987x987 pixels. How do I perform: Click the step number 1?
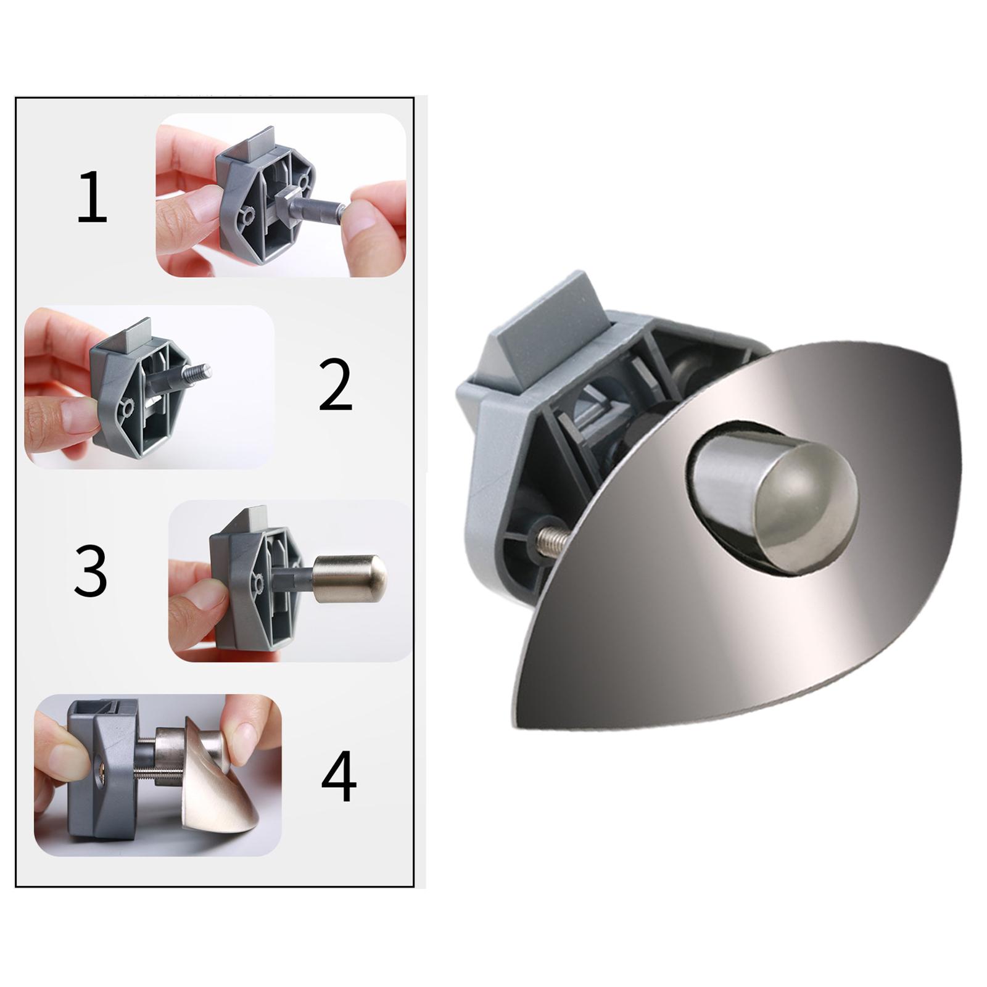tap(93, 198)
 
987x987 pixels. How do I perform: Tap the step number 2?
tap(335, 386)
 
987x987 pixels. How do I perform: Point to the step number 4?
tap(339, 776)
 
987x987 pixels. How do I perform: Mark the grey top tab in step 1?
tap(253, 142)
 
